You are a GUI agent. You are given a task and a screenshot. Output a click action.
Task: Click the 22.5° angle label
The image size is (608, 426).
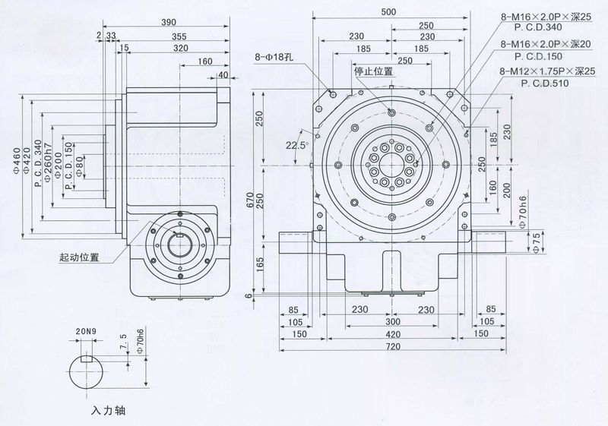coord(296,145)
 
